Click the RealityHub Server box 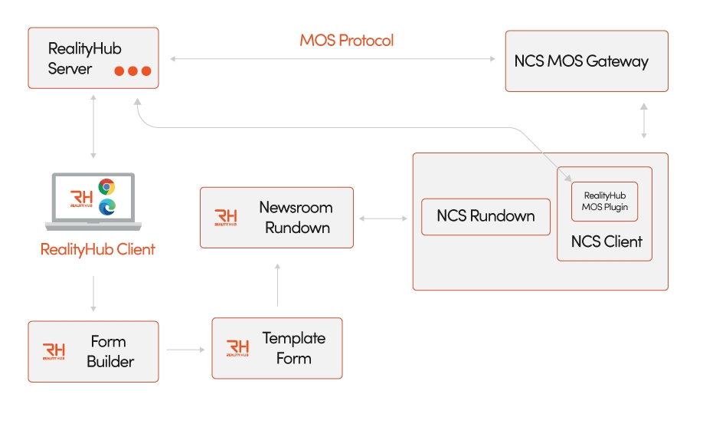point(93,58)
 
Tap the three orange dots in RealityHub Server point(132,71)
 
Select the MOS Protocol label point(346,40)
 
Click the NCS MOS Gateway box point(586,61)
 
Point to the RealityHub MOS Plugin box point(605,202)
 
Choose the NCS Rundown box point(486,216)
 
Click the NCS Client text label point(606,241)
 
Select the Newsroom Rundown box point(276,218)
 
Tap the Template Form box point(276,348)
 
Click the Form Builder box point(93,351)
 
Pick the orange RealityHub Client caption point(97,249)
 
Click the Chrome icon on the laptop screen point(106,187)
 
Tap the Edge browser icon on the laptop point(106,205)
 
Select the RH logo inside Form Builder point(54,352)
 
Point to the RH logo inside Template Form point(238,349)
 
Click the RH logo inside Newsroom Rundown point(226,218)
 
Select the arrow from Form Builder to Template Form point(186,350)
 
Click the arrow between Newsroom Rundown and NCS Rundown point(384,218)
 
